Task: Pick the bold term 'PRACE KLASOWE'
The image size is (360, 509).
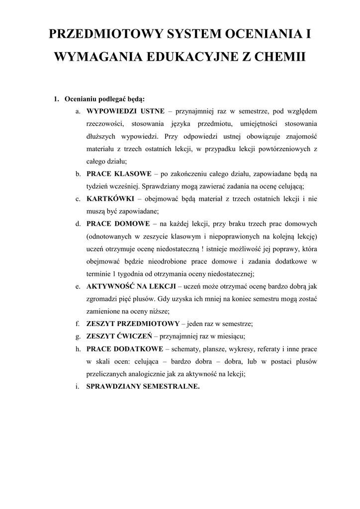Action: pyautogui.click(x=119, y=174)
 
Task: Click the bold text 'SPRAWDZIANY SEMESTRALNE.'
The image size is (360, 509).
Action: pyautogui.click(x=143, y=386)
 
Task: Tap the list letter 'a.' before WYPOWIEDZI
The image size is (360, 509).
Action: pyautogui.click(x=79, y=111)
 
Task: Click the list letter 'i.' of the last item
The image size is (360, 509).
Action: pyautogui.click(x=79, y=386)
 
